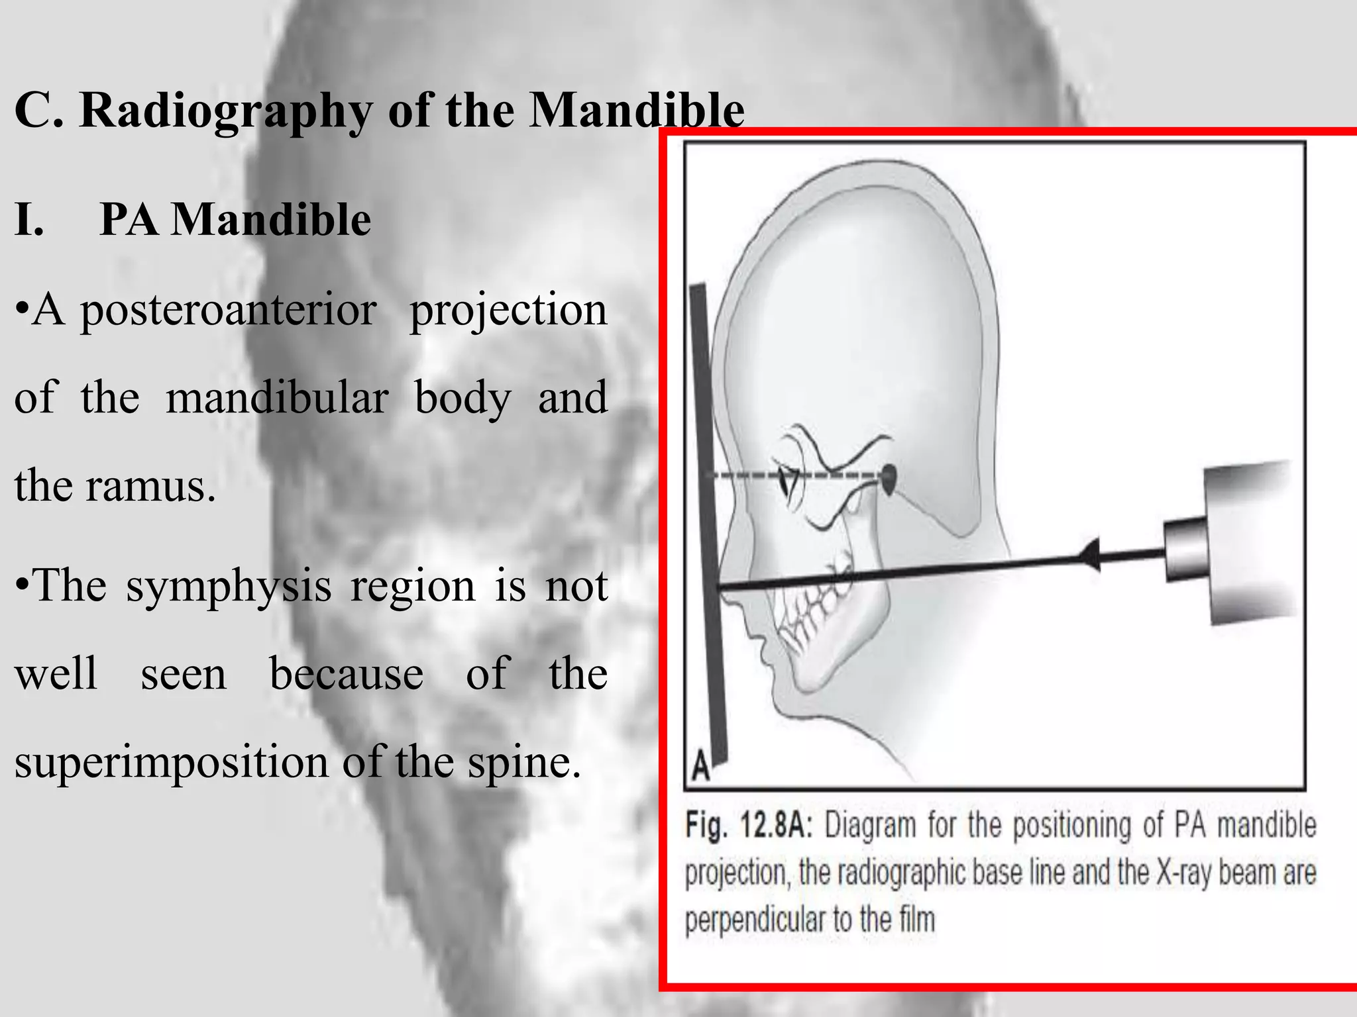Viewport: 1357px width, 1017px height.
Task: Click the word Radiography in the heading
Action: click(x=226, y=111)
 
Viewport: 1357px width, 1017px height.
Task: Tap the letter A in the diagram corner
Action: click(x=701, y=769)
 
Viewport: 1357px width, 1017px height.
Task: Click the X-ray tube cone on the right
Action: click(x=1232, y=543)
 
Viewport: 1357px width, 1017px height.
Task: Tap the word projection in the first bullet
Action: click(x=508, y=310)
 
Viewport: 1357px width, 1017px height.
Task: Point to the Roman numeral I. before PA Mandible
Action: click(x=29, y=219)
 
